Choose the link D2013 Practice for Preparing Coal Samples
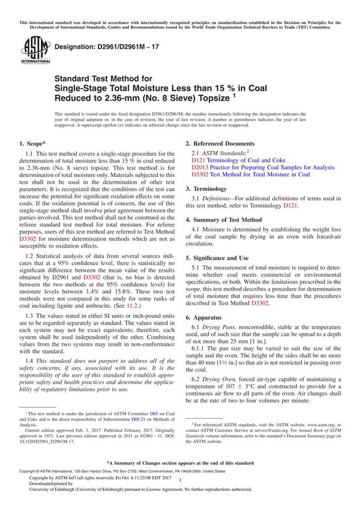click(263, 167)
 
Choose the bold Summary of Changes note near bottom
click(179, 463)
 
